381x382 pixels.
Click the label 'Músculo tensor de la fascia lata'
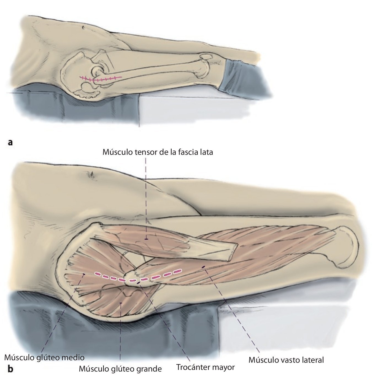click(158, 152)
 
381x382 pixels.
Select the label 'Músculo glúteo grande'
click(120, 369)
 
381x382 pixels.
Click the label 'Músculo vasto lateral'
click(286, 360)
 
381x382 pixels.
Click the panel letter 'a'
click(10, 142)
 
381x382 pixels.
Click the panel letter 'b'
click(10, 369)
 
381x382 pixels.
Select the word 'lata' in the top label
click(206, 152)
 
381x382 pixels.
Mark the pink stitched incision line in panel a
click(101, 79)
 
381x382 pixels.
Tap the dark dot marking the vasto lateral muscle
click(204, 267)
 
